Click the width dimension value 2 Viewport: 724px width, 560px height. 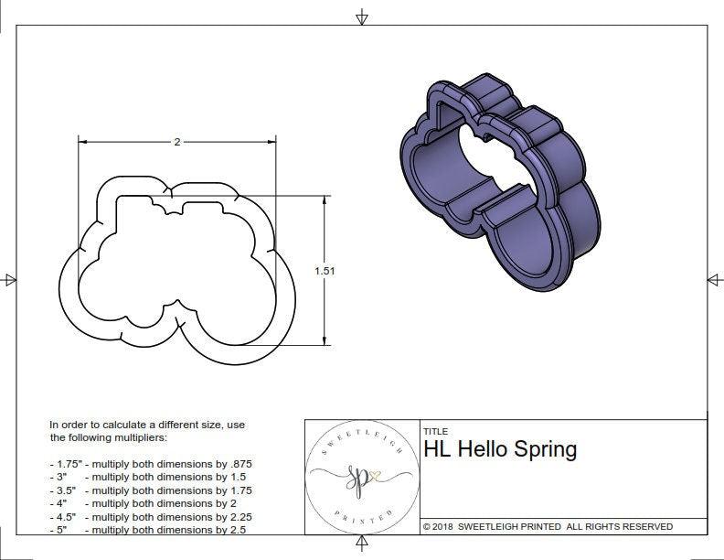[176, 142]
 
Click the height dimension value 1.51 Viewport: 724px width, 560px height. [324, 271]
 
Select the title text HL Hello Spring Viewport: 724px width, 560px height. [500, 449]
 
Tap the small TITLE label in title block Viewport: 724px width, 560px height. [435, 432]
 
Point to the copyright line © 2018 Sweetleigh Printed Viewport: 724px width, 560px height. [548, 526]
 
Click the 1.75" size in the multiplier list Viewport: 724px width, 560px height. [64, 464]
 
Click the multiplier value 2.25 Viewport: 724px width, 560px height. [236, 516]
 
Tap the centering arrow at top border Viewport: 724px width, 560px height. [362, 16]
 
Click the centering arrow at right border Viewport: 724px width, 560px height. [714, 279]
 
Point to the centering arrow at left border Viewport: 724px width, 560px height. [10, 279]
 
